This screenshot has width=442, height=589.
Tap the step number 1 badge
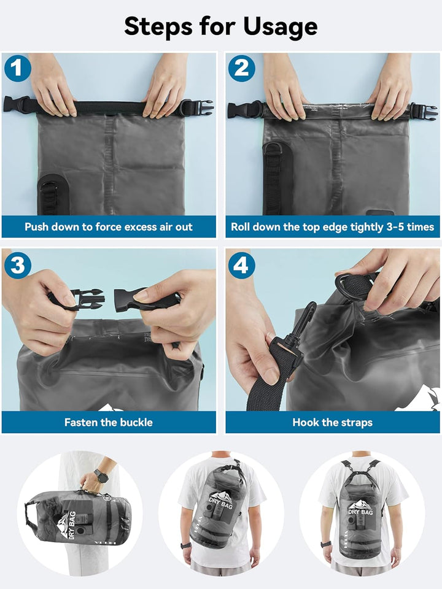pyautogui.click(x=17, y=68)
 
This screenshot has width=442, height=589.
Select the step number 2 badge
pyautogui.click(x=241, y=68)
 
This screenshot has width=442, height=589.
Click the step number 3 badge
pyautogui.click(x=17, y=265)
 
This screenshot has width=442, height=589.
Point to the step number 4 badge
pyautogui.click(x=241, y=265)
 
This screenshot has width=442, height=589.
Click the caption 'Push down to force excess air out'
pyautogui.click(x=109, y=226)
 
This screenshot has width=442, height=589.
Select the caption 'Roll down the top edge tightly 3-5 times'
pyautogui.click(x=332, y=226)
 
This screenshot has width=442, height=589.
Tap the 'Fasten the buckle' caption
pyautogui.click(x=109, y=422)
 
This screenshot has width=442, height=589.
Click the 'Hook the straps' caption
pyautogui.click(x=332, y=422)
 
